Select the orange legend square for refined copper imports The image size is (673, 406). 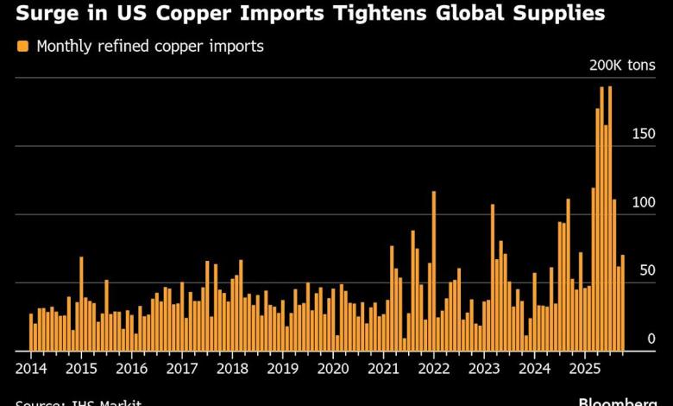[22, 47]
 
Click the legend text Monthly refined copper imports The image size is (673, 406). [150, 47]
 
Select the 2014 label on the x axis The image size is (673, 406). [31, 366]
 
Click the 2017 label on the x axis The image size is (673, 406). [182, 366]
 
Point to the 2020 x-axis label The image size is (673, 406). [333, 366]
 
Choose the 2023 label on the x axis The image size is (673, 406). [484, 366]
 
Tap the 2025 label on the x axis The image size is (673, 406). [585, 366]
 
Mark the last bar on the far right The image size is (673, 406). [623, 303]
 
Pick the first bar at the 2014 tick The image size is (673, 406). [31, 333]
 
